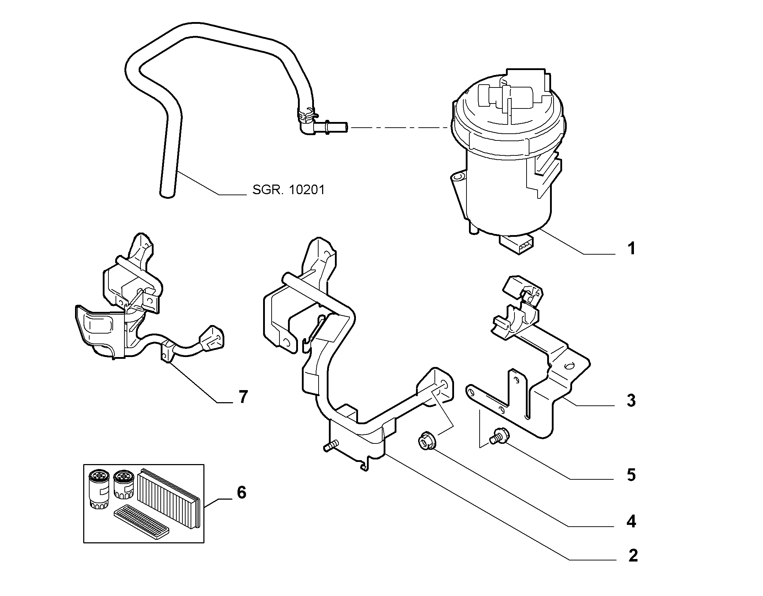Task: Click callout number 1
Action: [x=631, y=249]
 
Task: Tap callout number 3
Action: [x=631, y=401]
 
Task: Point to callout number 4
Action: [x=631, y=522]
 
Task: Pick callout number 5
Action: [x=631, y=475]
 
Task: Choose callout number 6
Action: [x=241, y=493]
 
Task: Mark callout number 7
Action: [x=243, y=397]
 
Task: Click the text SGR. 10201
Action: [x=289, y=190]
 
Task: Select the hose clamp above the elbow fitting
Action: [x=307, y=115]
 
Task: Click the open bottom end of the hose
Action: [x=167, y=193]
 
